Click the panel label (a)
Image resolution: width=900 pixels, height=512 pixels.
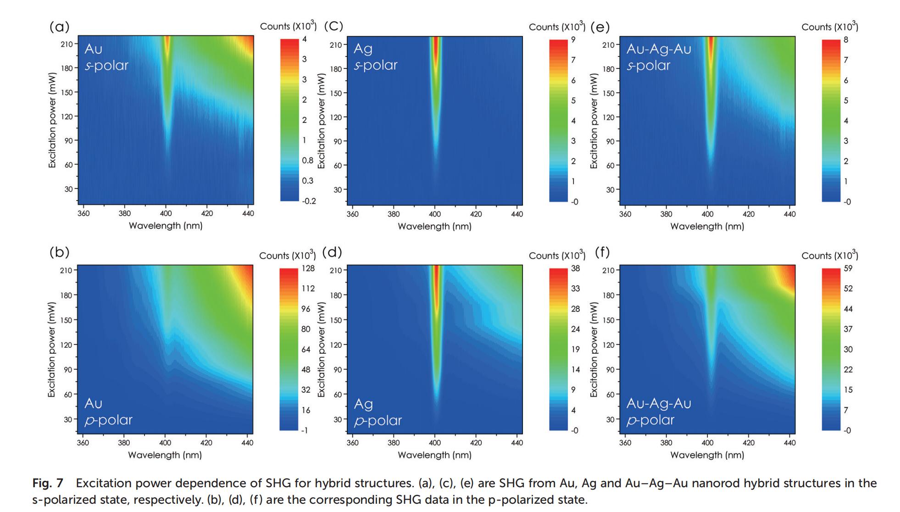[x=60, y=27]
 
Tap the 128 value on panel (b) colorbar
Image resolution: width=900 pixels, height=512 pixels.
[x=308, y=268]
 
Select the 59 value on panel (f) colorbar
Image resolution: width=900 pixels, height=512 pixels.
[x=848, y=268]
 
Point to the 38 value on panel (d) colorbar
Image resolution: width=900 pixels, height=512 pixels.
[x=575, y=268]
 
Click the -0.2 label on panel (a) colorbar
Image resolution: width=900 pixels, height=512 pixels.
[x=309, y=201]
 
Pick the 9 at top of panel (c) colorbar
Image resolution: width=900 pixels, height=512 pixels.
[x=573, y=40]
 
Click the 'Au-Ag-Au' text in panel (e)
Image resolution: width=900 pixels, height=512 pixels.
[x=659, y=49]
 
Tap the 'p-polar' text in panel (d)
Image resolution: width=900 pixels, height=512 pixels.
[x=378, y=420]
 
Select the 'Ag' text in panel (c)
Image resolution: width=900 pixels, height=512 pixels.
[x=363, y=49]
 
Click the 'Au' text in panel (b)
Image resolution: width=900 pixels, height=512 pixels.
[x=94, y=403]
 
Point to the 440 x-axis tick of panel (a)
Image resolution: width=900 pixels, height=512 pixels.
[x=248, y=213]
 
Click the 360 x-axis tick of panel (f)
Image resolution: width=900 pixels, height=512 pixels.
[x=625, y=443]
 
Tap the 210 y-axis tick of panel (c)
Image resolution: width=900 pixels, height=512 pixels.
[x=336, y=45]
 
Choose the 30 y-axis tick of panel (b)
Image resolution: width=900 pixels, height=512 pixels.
[x=68, y=419]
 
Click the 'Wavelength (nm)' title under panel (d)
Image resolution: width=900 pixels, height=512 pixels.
[x=434, y=455]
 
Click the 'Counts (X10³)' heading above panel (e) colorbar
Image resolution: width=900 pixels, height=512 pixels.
[x=829, y=27]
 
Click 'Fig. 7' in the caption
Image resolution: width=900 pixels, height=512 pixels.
[x=48, y=483]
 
